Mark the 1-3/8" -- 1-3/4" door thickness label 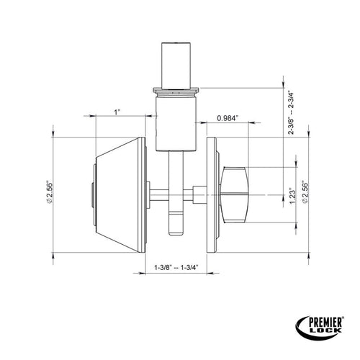(176, 268)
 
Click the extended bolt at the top (176, 65)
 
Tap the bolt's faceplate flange (176, 92)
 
